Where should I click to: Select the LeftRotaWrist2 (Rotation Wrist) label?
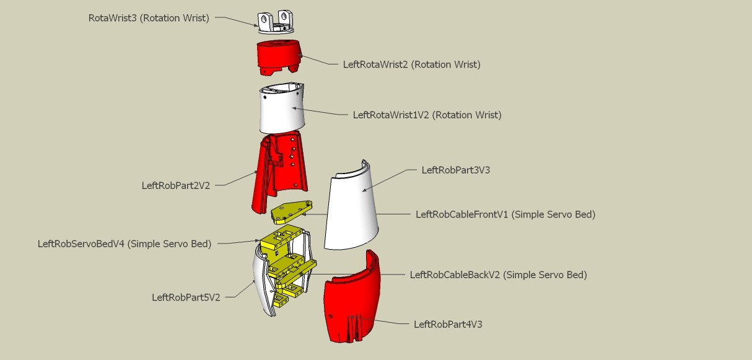click(411, 64)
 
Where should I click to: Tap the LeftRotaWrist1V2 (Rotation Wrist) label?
click(427, 115)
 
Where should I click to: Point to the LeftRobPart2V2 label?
click(176, 185)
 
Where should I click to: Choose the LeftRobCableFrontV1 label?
click(505, 214)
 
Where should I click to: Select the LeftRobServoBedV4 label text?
click(124, 244)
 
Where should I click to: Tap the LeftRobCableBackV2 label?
click(498, 274)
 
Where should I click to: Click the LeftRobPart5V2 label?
click(186, 297)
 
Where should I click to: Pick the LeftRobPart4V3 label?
click(447, 323)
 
